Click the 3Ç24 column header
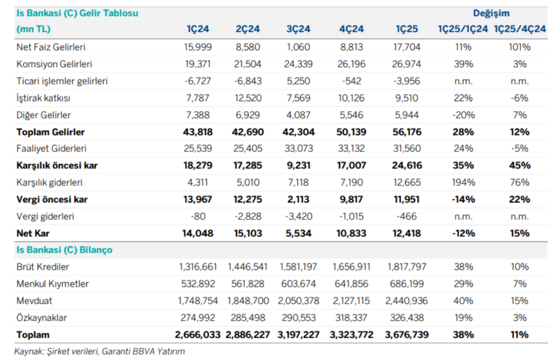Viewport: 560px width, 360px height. click(299, 30)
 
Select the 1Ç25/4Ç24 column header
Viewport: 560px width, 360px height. click(520, 30)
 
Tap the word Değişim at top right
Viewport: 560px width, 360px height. click(491, 13)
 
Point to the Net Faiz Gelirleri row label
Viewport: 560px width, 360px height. click(51, 47)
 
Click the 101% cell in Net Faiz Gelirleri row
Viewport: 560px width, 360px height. click(520, 47)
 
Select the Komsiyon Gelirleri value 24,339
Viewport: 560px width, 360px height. click(299, 64)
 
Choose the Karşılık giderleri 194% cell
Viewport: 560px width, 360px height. click(464, 182)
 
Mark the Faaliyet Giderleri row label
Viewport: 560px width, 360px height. click(51, 148)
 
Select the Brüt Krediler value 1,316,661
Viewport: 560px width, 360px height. click(197, 267)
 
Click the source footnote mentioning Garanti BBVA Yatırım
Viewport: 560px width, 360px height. click(100, 351)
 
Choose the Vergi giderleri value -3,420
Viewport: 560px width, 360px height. click(299, 216)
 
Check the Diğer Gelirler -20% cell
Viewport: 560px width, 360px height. click(464, 115)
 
